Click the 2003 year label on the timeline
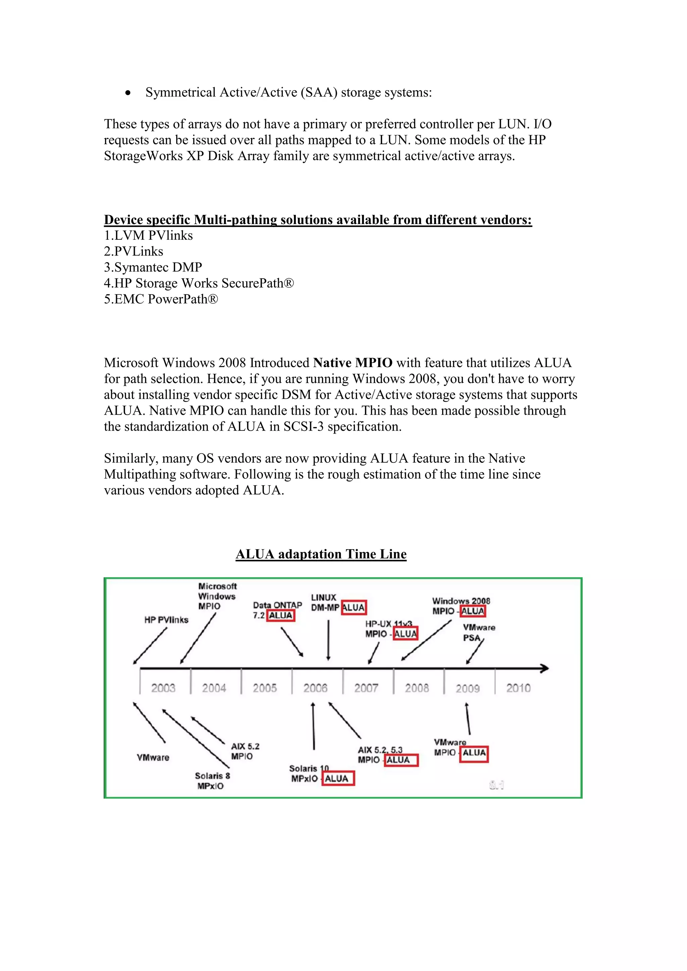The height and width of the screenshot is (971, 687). (x=163, y=688)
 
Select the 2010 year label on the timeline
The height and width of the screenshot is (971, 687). (x=518, y=688)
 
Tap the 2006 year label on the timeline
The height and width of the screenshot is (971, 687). (x=316, y=688)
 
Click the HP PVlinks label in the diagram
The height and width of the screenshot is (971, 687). (x=166, y=620)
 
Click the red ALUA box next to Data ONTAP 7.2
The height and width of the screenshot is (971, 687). (x=280, y=615)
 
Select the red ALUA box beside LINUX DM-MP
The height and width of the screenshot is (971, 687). (x=354, y=608)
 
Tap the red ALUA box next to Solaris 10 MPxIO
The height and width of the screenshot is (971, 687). (x=337, y=779)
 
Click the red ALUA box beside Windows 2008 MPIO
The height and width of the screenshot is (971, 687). (x=473, y=611)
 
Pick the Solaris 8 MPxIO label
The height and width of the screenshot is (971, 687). (x=212, y=781)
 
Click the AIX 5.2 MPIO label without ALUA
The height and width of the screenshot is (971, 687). (x=245, y=751)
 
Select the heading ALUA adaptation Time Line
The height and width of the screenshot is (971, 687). (x=321, y=554)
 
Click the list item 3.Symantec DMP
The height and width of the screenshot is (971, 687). (x=153, y=267)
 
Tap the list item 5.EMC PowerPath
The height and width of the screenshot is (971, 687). (x=161, y=299)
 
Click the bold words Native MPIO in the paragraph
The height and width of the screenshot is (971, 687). (x=353, y=363)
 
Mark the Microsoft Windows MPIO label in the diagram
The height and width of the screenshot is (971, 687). (x=217, y=596)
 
